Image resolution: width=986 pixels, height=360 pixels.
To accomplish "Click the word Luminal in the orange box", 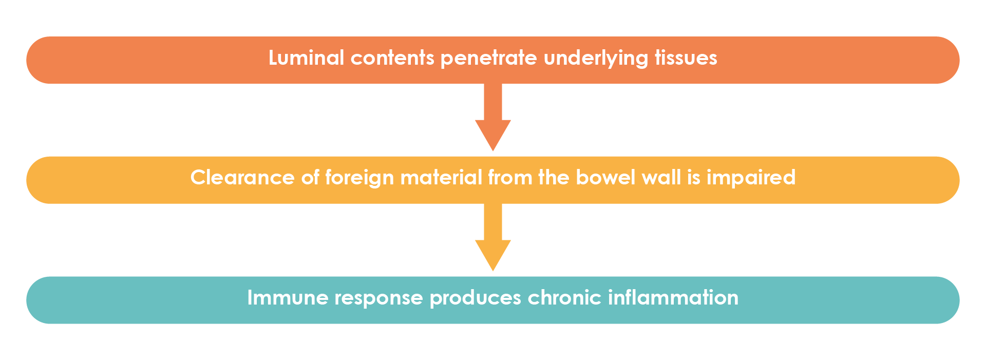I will point(306,58).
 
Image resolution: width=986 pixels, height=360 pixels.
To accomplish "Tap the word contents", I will point(392,58).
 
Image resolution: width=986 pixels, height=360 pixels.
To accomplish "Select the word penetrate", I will point(488,58).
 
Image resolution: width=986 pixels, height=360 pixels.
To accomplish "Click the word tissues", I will point(686,58).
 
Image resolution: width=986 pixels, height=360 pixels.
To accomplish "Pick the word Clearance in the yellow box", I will point(242,178).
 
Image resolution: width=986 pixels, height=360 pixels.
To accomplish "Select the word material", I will point(441,178).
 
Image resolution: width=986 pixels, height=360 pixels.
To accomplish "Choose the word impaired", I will point(751,178).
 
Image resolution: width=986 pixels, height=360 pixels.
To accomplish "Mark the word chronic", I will point(564,298).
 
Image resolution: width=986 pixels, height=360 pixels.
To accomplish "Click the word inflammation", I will point(673,298).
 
